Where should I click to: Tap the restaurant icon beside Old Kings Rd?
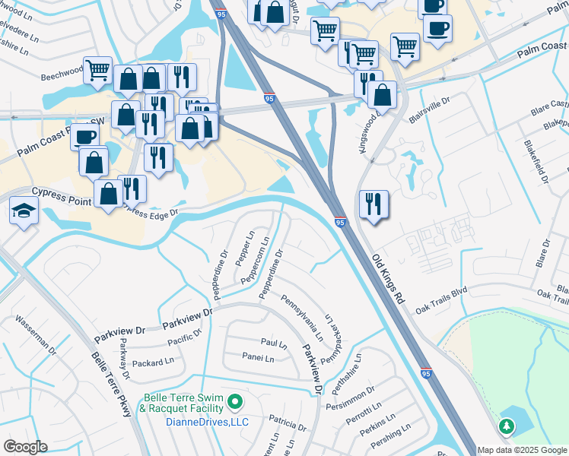click(x=374, y=204)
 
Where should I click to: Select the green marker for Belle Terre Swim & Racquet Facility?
click(x=236, y=401)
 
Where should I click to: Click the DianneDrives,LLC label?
click(x=186, y=422)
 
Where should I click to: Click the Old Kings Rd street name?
click(x=387, y=279)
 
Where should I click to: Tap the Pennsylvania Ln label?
click(x=303, y=318)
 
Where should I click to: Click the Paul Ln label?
click(x=273, y=344)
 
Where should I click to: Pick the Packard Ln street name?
click(x=153, y=363)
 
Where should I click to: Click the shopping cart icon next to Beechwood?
click(x=97, y=71)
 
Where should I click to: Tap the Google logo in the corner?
click(x=25, y=447)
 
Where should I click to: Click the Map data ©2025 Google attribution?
click(x=522, y=450)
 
